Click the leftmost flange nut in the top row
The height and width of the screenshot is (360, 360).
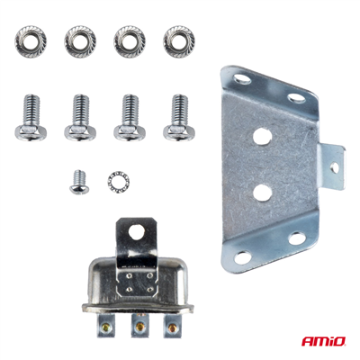31,39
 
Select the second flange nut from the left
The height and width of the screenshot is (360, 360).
80,39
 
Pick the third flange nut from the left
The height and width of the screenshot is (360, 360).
130,39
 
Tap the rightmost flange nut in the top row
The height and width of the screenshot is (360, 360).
178,39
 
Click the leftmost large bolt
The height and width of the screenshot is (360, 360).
31,118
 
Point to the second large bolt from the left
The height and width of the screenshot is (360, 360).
80,118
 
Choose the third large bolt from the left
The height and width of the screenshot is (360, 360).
130,118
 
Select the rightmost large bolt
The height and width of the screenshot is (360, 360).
178,118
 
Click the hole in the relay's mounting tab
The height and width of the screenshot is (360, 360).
135,231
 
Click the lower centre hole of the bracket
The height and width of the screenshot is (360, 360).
263,191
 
